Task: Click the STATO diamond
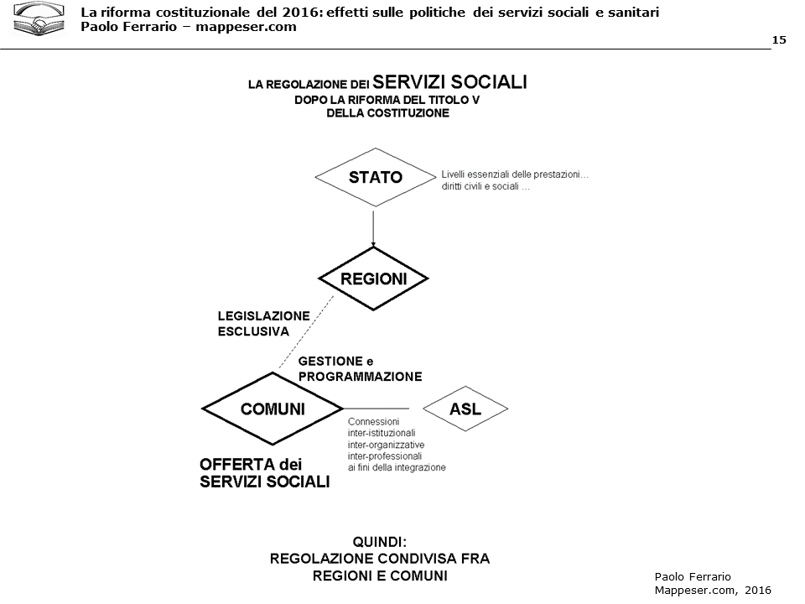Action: pyautogui.click(x=376, y=178)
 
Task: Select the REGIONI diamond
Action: pyautogui.click(x=373, y=279)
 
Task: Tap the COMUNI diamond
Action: pyautogui.click(x=273, y=409)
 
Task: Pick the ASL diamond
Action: pyautogui.click(x=465, y=409)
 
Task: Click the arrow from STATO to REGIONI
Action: pyautogui.click(x=373, y=226)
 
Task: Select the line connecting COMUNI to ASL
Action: pyautogui.click(x=382, y=409)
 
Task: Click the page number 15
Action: pyautogui.click(x=779, y=40)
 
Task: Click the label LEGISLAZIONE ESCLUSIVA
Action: pyautogui.click(x=263, y=323)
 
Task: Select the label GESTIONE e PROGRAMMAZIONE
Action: pyautogui.click(x=360, y=368)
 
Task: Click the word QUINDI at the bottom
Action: pyautogui.click(x=379, y=542)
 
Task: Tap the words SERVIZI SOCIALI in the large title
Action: pyautogui.click(x=449, y=82)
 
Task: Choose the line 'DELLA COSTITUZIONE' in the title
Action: pyautogui.click(x=387, y=113)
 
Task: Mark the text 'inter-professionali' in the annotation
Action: pyautogui.click(x=385, y=456)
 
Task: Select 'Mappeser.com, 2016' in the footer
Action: pyautogui.click(x=712, y=590)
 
